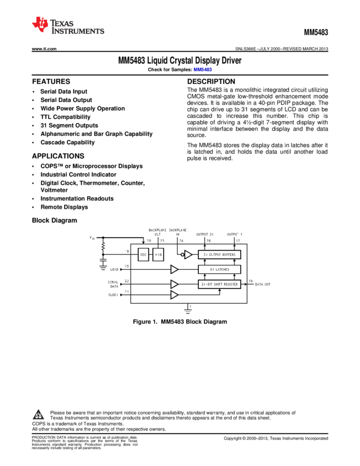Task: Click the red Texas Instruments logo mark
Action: (x=40, y=25)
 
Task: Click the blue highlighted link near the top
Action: (x=203, y=70)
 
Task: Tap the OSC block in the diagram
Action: (x=143, y=254)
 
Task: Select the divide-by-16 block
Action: (x=158, y=254)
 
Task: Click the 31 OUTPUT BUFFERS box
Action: (x=219, y=254)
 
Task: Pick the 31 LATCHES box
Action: (x=219, y=269)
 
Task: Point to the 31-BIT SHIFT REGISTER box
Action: (x=219, y=284)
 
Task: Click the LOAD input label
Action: (x=114, y=270)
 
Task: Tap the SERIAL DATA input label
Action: (x=113, y=284)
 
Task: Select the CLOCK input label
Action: (x=113, y=295)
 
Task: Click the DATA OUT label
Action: (x=263, y=285)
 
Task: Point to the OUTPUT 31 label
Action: (x=205, y=234)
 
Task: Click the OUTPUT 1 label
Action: (x=235, y=234)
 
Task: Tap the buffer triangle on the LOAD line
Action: (x=174, y=269)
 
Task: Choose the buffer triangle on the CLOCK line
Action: (x=174, y=295)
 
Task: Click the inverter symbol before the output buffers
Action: (x=187, y=254)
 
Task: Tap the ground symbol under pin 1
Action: (x=188, y=311)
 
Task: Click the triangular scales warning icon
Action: (x=38, y=415)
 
